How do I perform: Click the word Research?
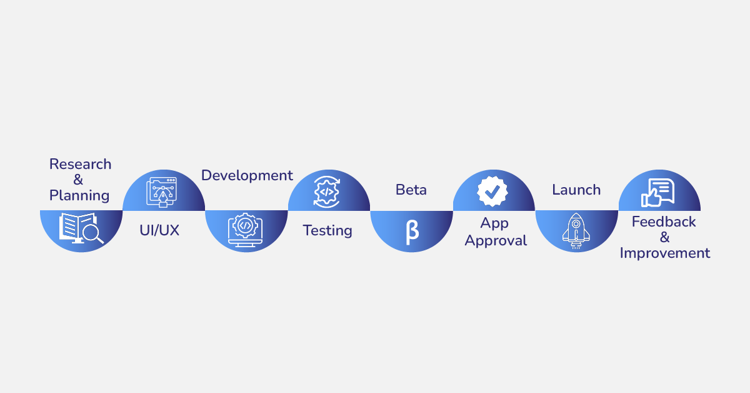pos(80,164)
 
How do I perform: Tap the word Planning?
pos(79,195)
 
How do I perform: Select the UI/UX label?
pos(159,230)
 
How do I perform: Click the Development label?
pos(247,175)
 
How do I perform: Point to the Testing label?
pos(327,230)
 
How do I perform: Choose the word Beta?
pos(411,190)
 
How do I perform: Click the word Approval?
pos(496,240)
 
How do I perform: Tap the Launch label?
pos(576,190)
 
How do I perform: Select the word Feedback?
pos(664,222)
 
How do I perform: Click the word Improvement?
pos(665,253)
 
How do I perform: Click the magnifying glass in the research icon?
pos(92,234)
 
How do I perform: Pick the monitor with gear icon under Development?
pos(246,230)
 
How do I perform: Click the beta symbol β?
pos(412,231)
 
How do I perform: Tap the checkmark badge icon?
pos(492,191)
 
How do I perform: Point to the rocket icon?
pos(576,230)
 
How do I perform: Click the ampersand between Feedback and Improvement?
pos(664,237)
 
